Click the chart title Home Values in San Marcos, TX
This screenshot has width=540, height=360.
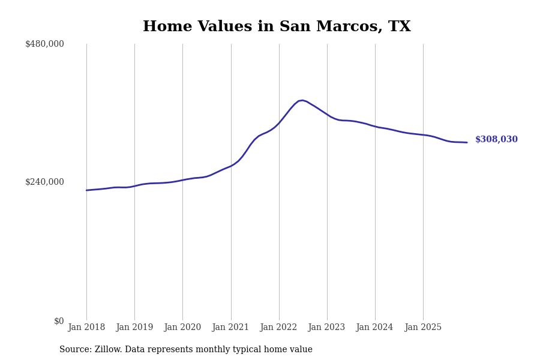coord(277,27)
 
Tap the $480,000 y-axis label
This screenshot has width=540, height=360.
coord(44,44)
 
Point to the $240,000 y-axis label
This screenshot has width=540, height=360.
coord(44,182)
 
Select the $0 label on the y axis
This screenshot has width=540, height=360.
coord(59,321)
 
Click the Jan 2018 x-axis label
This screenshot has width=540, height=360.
coord(86,328)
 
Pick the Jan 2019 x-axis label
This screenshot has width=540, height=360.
coord(134,328)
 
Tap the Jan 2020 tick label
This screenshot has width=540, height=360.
coord(182,328)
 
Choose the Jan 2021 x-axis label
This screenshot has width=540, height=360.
coord(230,328)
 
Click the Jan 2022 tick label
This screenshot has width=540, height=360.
coord(278,328)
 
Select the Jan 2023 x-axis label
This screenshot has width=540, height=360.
coord(326,328)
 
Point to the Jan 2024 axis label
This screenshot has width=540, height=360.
coord(374,328)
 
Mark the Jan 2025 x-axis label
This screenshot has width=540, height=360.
coord(423,328)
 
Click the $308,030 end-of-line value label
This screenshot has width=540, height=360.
coord(496,140)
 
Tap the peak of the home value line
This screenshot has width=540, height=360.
coord(302,100)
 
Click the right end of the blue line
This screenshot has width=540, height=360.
coord(467,142)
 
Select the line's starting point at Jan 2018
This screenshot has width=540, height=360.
coord(86,190)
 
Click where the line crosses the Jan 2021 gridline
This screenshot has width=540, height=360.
coord(231,166)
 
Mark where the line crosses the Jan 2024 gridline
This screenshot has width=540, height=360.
coord(375,127)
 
